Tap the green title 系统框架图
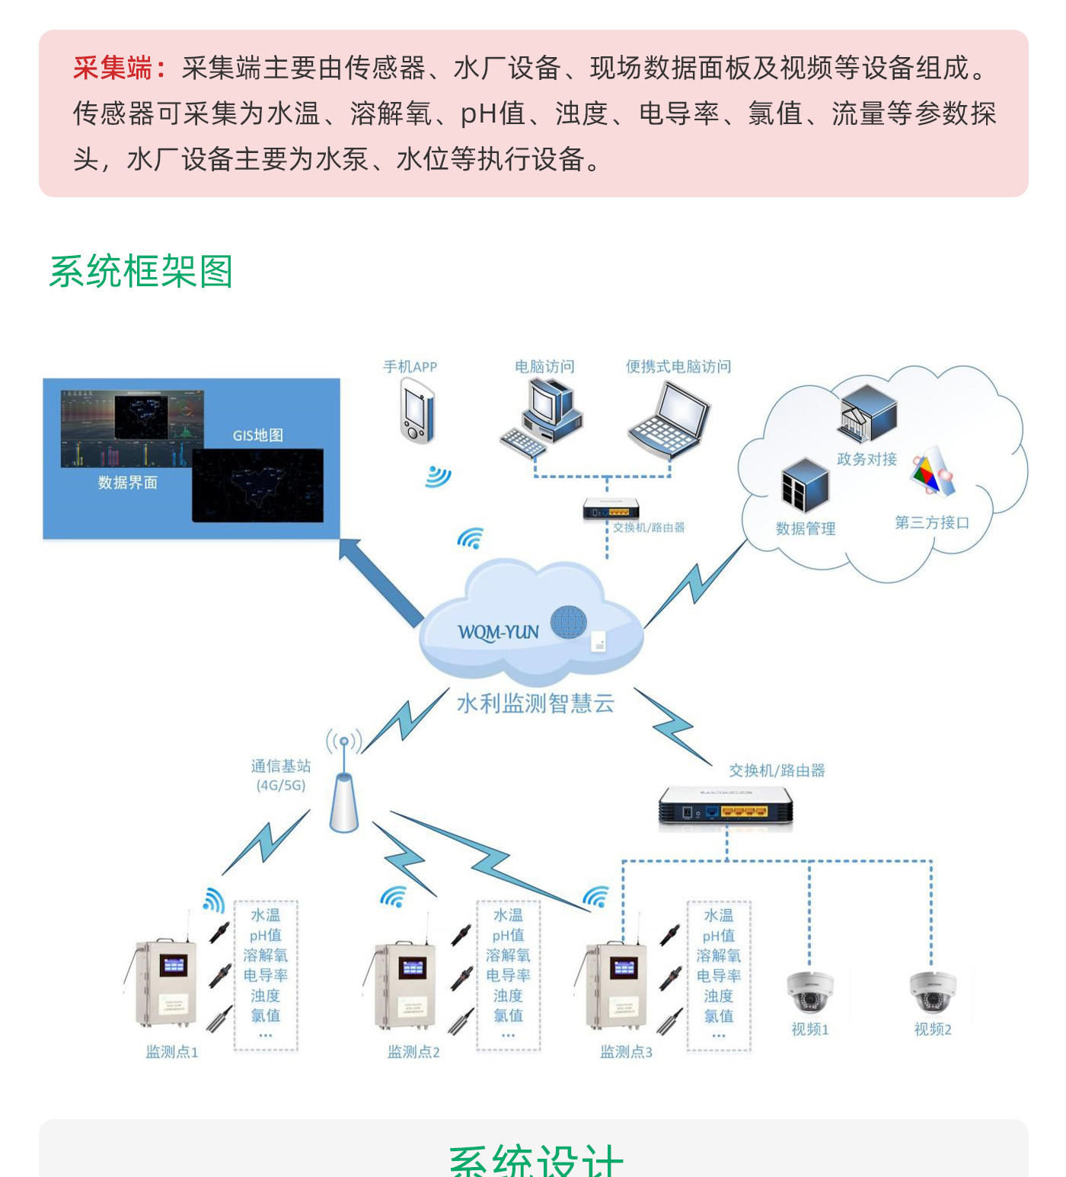point(141,272)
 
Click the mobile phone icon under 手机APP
point(417,412)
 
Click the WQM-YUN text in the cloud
point(498,633)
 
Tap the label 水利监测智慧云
point(535,703)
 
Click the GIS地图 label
point(258,435)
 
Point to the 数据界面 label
point(127,483)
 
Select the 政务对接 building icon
point(868,413)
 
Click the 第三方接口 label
point(932,523)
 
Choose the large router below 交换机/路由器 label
point(726,807)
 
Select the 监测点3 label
point(626,1052)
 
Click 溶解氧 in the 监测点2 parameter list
point(508,955)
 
